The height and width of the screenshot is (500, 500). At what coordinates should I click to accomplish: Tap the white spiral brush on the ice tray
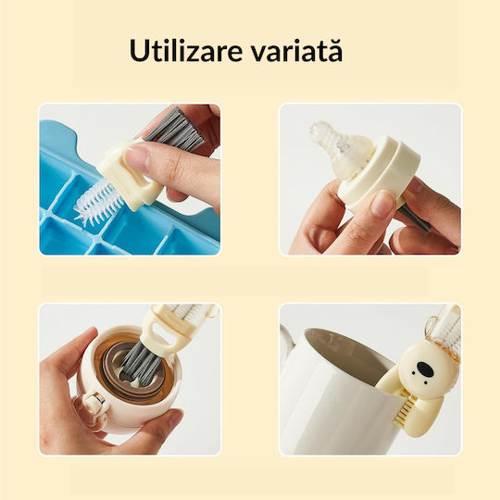click(98, 204)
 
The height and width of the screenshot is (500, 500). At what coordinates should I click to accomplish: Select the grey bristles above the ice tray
click(176, 129)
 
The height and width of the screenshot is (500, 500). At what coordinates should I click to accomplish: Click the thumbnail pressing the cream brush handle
click(138, 156)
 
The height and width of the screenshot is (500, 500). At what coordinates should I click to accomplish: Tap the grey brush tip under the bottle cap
click(415, 218)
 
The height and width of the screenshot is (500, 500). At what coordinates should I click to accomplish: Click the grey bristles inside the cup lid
click(142, 364)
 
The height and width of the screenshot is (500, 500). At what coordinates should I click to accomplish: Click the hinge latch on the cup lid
click(94, 405)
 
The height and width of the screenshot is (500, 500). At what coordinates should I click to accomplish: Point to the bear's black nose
click(424, 369)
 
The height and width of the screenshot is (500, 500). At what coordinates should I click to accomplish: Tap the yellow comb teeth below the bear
click(405, 410)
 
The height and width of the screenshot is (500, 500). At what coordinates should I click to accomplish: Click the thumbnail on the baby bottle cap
click(382, 204)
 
